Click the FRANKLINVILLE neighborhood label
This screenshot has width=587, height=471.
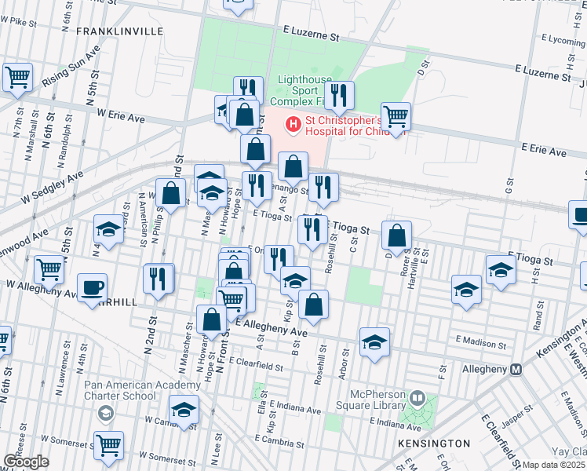pyautogui.click(x=119, y=31)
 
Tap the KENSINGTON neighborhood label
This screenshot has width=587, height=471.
pyautogui.click(x=434, y=444)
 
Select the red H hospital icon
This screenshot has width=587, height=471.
pyautogui.click(x=293, y=123)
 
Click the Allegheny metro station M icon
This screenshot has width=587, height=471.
pyautogui.click(x=516, y=370)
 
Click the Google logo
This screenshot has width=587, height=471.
pyautogui.click(x=26, y=462)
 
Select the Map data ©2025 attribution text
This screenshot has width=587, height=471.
pyautogui.click(x=554, y=465)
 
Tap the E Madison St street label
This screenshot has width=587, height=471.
pyautogui.click(x=481, y=343)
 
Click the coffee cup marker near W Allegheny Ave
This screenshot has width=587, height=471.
pyautogui.click(x=93, y=286)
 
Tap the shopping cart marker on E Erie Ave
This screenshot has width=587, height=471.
pyautogui.click(x=396, y=115)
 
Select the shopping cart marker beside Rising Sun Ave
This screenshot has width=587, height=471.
pyautogui.click(x=16, y=76)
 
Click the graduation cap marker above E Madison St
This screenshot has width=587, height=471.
pyautogui.click(x=375, y=341)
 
